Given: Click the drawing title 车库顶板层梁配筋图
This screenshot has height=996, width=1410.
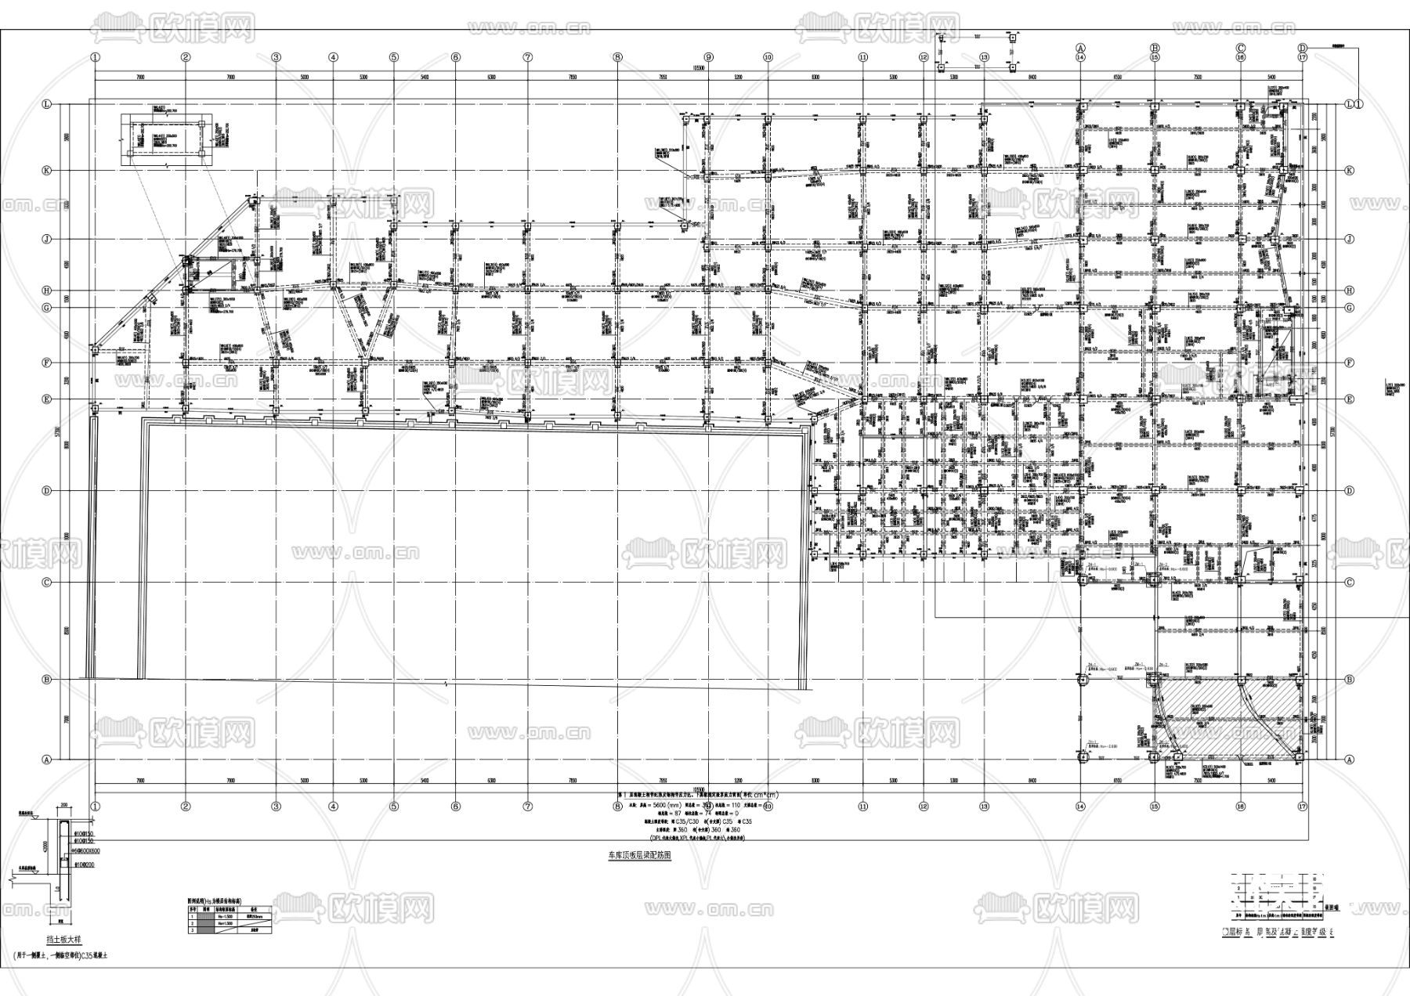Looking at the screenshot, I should (639, 856).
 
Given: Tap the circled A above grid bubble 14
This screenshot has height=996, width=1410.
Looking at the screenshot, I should (1079, 47).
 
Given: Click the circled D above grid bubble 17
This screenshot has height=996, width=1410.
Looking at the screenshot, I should (1303, 47).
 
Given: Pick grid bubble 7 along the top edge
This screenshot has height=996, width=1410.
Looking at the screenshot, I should (528, 57).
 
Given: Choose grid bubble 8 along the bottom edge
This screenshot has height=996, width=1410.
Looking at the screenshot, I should (617, 806).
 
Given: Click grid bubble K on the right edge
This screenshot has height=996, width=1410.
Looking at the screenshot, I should (1349, 171).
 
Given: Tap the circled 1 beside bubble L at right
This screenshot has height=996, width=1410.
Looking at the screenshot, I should (1359, 103).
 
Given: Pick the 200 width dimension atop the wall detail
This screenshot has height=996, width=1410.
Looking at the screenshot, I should (63, 805).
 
